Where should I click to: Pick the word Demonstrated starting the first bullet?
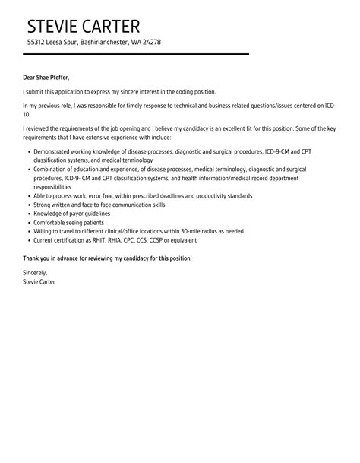coord(55,153)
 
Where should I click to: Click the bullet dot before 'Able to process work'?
coord(29,195)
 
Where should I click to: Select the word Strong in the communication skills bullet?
coord(44,204)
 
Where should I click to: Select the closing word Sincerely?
coord(35,272)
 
